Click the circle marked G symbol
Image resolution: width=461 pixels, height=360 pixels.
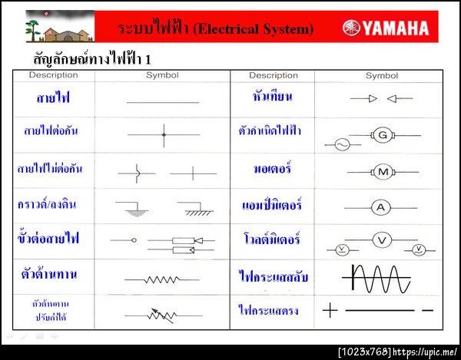pyautogui.click(x=382, y=134)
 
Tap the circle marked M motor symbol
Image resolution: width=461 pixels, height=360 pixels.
pyautogui.click(x=382, y=171)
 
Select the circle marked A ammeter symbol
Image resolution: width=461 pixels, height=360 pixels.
pyautogui.click(x=382, y=206)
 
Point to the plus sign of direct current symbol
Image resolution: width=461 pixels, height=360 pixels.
pyautogui.click(x=330, y=310)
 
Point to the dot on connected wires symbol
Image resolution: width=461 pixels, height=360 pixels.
pyautogui.click(x=164, y=135)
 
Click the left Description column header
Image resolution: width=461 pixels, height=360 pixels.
pyautogui.click(x=53, y=75)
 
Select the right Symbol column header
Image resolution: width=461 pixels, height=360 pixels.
pyautogui.click(x=381, y=75)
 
